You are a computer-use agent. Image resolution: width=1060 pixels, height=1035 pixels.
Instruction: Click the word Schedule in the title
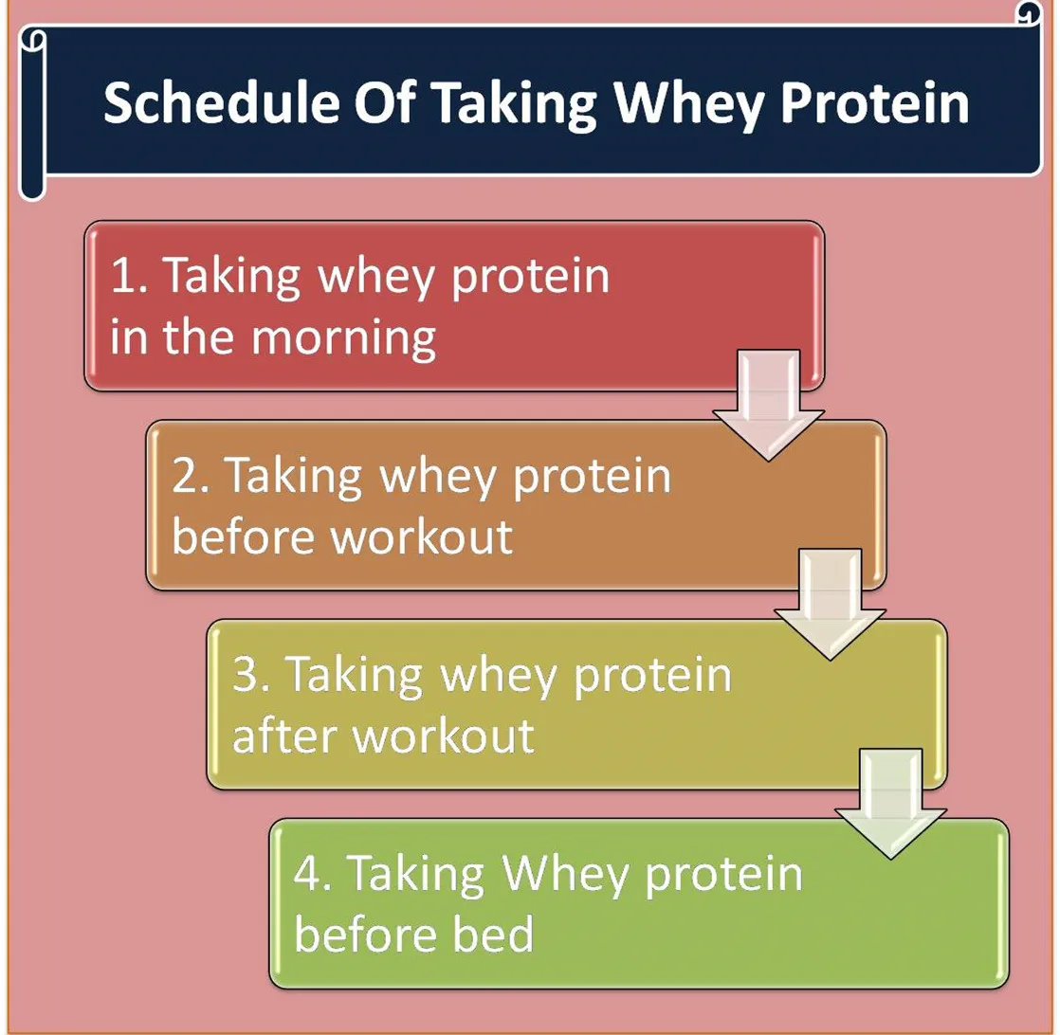coord(221,102)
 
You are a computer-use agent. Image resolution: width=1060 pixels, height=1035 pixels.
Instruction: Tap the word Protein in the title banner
coord(875,102)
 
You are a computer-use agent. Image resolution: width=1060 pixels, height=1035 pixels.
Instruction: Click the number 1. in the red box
coord(129,276)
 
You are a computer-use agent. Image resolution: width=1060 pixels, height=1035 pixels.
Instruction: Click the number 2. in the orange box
coord(191,476)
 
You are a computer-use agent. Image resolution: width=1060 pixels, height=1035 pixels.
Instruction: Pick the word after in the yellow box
coord(284,735)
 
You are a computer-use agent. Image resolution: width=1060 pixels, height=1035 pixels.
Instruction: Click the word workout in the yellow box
coord(444,735)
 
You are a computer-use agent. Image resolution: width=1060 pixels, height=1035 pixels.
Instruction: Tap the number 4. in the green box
coord(312,874)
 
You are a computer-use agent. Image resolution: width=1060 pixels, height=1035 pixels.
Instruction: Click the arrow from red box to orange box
coord(768,406)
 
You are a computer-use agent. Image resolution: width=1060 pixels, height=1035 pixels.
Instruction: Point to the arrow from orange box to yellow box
coord(830,605)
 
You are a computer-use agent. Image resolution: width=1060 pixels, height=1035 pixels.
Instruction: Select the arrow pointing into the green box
coord(891,804)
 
